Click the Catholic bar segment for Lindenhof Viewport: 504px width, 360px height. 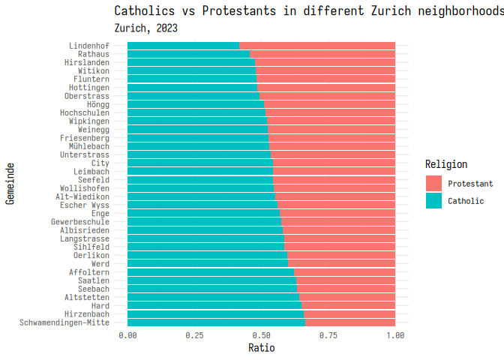click(184, 46)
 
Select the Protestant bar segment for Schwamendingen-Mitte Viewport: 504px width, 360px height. click(350, 322)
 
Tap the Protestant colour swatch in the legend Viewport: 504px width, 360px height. click(433, 183)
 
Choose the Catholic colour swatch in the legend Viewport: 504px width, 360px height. click(433, 201)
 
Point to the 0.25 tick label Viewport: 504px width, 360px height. click(194, 335)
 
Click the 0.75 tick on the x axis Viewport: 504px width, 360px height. click(328, 335)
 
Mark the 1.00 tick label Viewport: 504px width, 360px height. click(394, 335)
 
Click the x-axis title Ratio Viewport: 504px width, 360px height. click(261, 348)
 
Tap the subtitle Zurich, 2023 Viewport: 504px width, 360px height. click(145, 28)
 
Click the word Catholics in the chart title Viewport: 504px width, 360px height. click(145, 10)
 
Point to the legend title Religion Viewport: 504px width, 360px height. click(445, 164)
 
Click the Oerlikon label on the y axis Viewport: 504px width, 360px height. click(91, 256)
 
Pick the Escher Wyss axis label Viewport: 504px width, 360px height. click(85, 205)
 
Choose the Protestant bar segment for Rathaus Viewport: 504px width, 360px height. click(322, 54)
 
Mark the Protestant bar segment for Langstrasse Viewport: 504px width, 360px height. click(340, 238)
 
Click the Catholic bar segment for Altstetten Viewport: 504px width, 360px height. click(214, 298)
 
